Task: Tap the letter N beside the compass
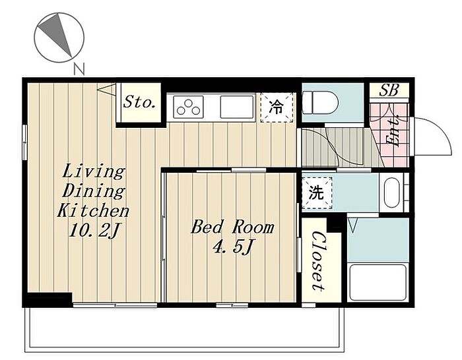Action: pos(79,69)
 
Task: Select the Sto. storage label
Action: pos(139,102)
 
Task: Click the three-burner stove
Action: pos(188,107)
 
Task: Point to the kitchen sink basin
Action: pos(237,107)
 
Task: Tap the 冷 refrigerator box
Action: pos(277,107)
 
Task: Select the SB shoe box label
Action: pos(389,90)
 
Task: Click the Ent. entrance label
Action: pos(393,130)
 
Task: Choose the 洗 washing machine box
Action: pos(317,193)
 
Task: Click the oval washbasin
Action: pos(392,193)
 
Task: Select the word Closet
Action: pos(319,261)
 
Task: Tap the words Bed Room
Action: pos(232,227)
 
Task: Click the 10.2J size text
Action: pos(94,230)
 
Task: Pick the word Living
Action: pos(94,171)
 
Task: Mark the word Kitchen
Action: pos(93,210)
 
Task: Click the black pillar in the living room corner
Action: pos(49,299)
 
